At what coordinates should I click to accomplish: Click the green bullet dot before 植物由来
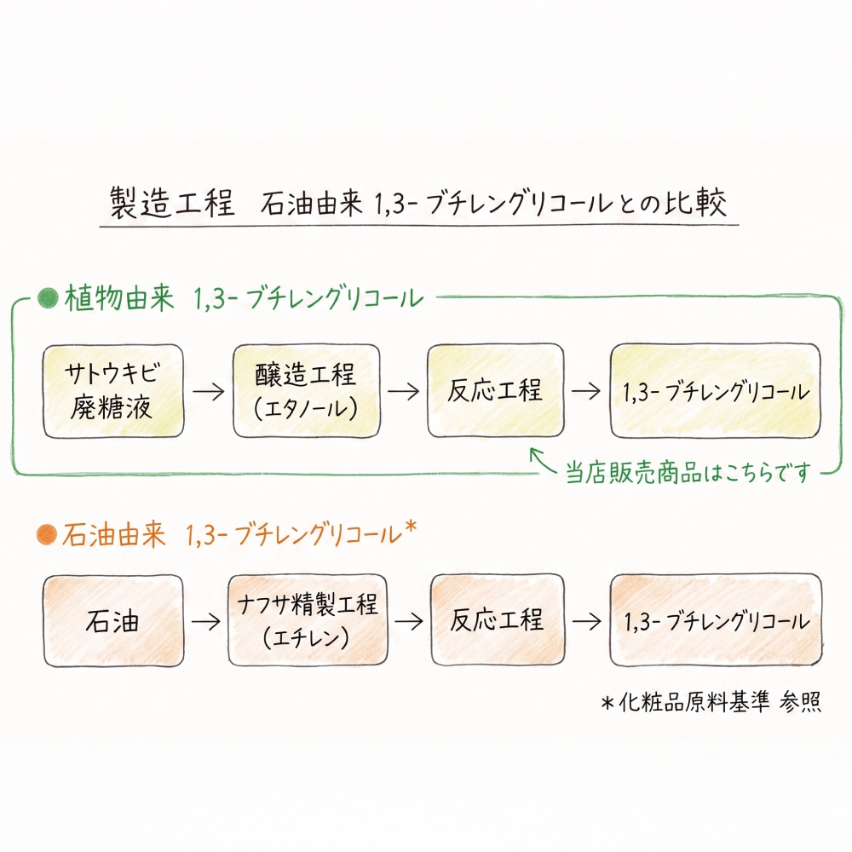(x=48, y=298)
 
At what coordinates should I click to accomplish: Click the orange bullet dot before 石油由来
(x=47, y=535)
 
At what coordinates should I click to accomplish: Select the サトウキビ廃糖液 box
(x=113, y=391)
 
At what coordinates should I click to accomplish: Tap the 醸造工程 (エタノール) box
(x=307, y=391)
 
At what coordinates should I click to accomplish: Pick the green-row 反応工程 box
(x=496, y=390)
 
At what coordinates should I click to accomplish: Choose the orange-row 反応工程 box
(x=498, y=620)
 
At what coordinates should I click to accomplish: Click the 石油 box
(x=113, y=620)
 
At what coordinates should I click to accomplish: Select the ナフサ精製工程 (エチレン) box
(x=308, y=620)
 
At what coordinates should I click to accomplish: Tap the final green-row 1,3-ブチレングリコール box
(x=716, y=390)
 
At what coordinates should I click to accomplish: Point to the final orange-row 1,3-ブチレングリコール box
(x=716, y=620)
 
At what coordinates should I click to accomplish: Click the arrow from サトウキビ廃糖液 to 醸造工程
(x=208, y=391)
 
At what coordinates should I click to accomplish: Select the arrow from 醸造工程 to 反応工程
(x=403, y=391)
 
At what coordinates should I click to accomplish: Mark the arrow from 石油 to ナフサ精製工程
(x=206, y=621)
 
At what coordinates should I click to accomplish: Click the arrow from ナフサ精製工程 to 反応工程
(x=409, y=621)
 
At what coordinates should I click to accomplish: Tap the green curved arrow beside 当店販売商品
(x=544, y=461)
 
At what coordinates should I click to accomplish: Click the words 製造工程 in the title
(x=172, y=203)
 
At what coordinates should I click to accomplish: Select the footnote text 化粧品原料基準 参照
(x=719, y=702)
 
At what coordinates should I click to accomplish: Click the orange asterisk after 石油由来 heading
(x=411, y=527)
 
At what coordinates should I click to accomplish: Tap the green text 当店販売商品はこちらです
(x=688, y=472)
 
